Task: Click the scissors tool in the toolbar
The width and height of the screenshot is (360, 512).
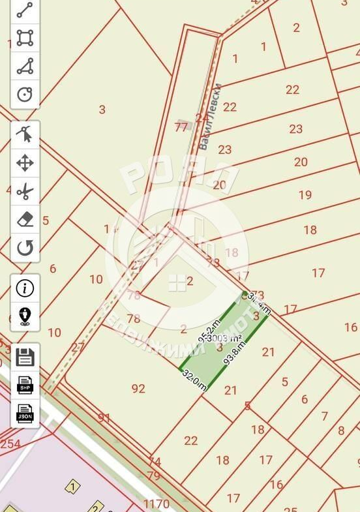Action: point(25,192)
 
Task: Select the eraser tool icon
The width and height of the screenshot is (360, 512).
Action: point(25,220)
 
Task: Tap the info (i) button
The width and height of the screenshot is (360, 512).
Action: point(25,288)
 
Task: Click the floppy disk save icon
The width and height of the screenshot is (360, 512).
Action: point(25,357)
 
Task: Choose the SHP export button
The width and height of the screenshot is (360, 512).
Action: point(25,385)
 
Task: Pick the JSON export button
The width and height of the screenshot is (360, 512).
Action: point(25,414)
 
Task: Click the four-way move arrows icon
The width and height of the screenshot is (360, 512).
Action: point(25,163)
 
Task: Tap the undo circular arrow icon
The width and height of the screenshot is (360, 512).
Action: point(25,248)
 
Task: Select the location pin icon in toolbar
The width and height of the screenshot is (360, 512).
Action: point(25,316)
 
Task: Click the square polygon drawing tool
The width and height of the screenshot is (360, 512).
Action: point(25,38)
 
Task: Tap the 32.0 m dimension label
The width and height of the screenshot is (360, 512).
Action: point(194,379)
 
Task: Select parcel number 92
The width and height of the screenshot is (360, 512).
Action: point(138,389)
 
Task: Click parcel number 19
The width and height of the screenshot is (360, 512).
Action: point(305,194)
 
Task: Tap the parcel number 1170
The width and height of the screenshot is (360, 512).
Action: point(156,504)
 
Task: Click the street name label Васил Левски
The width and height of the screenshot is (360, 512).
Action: point(211,116)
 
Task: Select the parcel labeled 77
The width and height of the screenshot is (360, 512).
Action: point(181,127)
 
